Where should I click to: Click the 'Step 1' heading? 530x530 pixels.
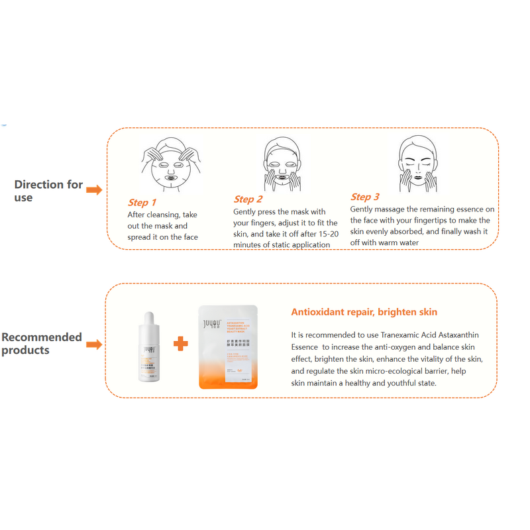tap(142, 203)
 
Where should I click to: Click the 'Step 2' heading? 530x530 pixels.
tap(248, 199)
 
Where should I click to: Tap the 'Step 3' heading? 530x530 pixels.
tap(365, 197)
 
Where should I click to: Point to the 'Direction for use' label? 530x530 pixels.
tap(48, 191)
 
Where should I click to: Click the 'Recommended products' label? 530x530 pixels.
tap(41, 343)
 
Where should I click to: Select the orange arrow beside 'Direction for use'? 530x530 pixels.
tap(95, 191)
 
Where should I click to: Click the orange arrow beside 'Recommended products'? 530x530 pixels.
tap(95, 344)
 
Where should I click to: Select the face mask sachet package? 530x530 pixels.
tap(229, 346)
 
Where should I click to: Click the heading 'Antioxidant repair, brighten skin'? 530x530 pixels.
tap(364, 312)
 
